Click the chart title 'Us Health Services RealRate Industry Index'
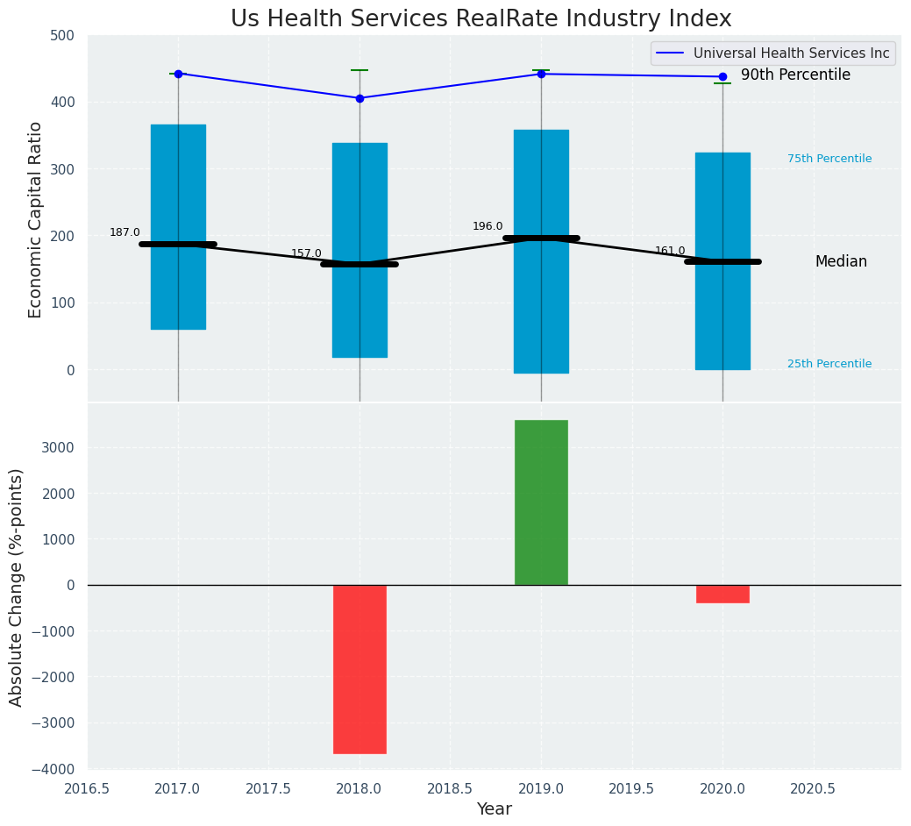pos(480,19)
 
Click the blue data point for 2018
pos(359,98)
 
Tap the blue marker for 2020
pos(722,77)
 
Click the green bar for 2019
pos(541,502)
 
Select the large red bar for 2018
pos(359,669)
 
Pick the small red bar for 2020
pos(722,594)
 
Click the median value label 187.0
pos(125,232)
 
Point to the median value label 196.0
pos(488,226)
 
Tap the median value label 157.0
pos(306,253)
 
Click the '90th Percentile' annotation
pos(795,75)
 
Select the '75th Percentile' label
pos(829,159)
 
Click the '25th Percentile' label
pos(829,364)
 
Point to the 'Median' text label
pos(841,261)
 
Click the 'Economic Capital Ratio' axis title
pos(36,219)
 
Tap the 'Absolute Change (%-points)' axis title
pos(17,587)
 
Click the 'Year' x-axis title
pos(494,809)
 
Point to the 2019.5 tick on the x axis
pos(632,788)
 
